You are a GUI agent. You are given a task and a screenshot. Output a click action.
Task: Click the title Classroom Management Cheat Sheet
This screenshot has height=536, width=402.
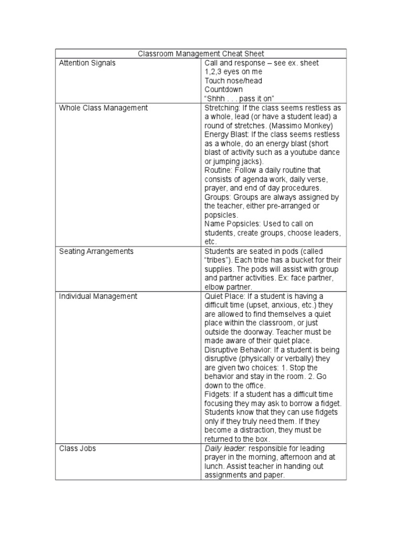tap(201, 54)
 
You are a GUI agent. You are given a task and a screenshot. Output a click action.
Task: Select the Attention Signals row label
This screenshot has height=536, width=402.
tap(87, 63)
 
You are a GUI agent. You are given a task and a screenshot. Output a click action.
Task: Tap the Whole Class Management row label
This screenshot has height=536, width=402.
tap(103, 108)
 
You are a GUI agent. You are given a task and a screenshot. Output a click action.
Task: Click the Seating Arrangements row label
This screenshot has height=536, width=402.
tap(96, 251)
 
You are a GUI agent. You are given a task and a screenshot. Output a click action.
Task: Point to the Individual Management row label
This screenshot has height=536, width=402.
tap(98, 296)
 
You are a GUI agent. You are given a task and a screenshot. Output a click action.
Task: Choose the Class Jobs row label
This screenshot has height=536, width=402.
tap(77, 449)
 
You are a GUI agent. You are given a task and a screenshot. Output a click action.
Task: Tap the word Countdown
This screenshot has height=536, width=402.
tap(224, 90)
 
